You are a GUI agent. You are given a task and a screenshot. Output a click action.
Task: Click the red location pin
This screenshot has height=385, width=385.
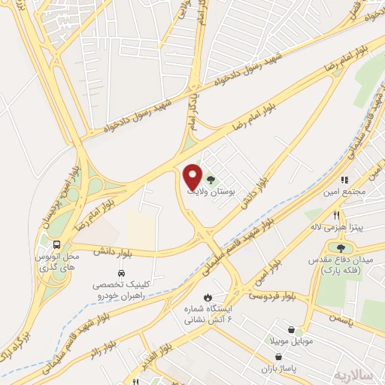point(192,177)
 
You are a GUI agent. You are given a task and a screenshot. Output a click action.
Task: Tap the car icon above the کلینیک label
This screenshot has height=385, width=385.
point(121,273)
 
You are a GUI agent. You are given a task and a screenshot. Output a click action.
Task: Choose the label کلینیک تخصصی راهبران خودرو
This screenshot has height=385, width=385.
point(121,290)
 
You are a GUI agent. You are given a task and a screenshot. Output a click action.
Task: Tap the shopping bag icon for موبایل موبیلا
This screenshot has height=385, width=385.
point(291,329)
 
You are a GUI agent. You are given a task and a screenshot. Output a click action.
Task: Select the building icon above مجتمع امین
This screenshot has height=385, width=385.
point(345,180)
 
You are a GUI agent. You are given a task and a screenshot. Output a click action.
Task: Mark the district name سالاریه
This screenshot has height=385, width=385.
point(353,374)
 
